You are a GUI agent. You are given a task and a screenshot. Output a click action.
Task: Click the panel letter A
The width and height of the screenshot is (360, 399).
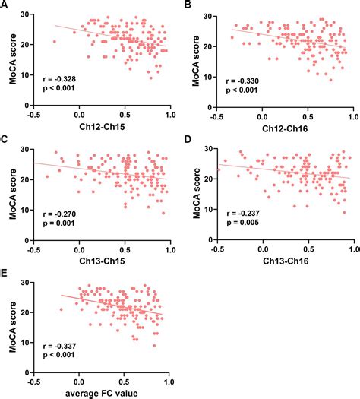tap(5, 6)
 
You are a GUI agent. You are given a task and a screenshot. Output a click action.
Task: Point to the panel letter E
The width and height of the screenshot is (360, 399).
tap(5, 273)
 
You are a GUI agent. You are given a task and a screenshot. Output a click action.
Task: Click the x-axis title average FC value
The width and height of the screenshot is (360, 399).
tap(102, 392)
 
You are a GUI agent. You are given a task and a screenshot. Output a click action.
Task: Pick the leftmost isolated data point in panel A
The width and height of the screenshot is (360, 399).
tap(55, 41)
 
